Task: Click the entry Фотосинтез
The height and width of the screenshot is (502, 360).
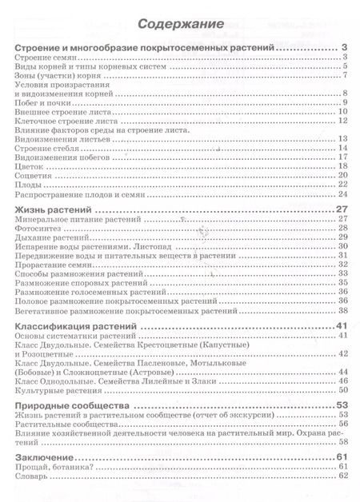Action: [x=34, y=228]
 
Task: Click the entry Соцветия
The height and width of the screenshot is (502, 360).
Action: [x=34, y=177]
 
